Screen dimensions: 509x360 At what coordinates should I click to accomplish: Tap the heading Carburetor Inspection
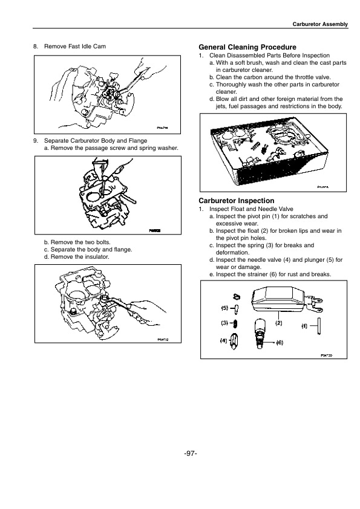237,200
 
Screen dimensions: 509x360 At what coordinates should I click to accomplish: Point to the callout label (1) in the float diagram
305,325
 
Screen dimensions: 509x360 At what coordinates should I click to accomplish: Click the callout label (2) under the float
279,323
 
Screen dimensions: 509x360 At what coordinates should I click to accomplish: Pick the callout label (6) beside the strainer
280,342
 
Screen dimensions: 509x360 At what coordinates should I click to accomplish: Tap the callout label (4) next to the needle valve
223,342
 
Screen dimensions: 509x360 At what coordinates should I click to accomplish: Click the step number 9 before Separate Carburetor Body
35,140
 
